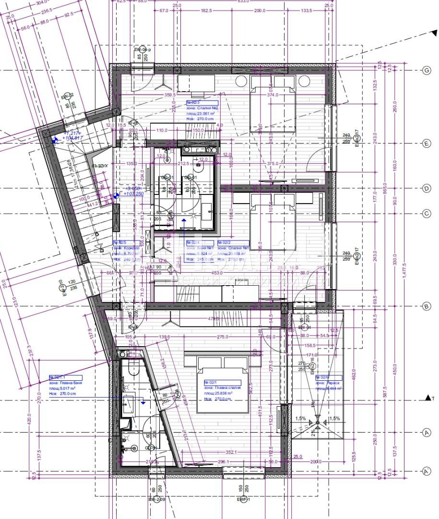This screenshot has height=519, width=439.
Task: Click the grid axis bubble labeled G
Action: pos(427,71)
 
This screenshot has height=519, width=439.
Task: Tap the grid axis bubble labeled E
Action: pos(427,143)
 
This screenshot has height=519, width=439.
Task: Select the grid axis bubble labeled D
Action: pos(427,189)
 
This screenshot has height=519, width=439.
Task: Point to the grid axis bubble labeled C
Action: pos(427,213)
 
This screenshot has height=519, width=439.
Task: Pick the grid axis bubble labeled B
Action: pos(427,306)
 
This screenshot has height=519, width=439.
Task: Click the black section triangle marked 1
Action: pos(428,398)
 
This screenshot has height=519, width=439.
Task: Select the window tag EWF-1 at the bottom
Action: pos(243,500)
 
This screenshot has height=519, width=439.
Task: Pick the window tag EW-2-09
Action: pos(157,500)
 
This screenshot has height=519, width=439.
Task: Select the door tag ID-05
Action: pos(133,123)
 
